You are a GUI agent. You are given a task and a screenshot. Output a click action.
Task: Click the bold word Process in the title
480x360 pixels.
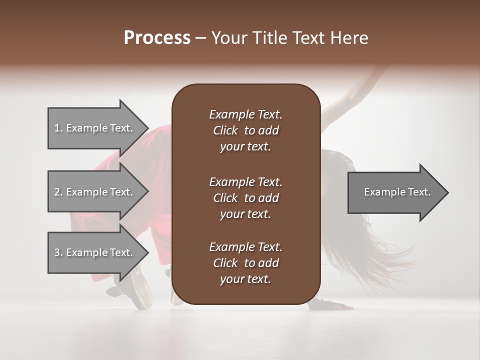(x=157, y=37)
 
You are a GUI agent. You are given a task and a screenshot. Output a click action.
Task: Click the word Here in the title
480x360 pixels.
(x=349, y=37)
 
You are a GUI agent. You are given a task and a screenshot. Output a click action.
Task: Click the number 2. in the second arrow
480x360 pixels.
(x=58, y=192)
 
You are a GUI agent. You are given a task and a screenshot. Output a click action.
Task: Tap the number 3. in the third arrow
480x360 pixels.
(x=58, y=252)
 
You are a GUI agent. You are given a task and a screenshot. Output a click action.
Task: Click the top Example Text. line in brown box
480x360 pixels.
(x=245, y=114)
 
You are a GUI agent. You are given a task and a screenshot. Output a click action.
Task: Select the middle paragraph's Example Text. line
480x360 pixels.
(x=245, y=181)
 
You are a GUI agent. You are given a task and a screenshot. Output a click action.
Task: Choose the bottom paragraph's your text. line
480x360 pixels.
(x=245, y=279)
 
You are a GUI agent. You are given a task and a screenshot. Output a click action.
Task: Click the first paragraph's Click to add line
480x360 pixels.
(x=245, y=130)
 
